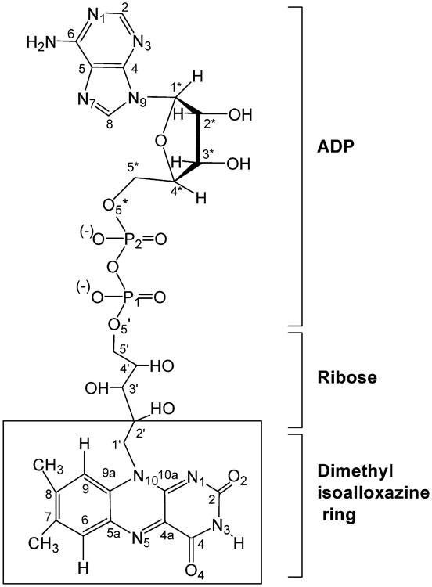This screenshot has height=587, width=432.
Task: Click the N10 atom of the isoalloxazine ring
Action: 143,475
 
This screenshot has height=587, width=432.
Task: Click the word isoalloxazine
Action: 365,494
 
